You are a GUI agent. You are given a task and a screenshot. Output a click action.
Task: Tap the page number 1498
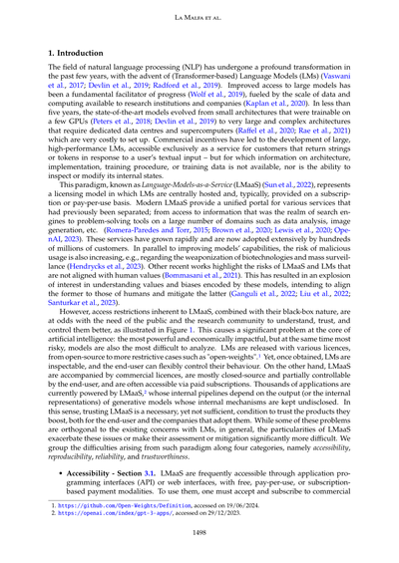click(x=199, y=534)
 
